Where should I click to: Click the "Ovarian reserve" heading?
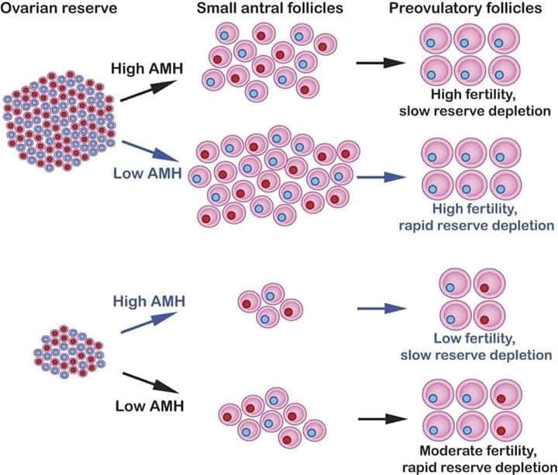[x=59, y=8]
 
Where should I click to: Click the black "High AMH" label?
[x=147, y=68]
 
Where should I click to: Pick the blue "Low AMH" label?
[x=148, y=173]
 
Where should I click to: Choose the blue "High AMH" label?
[x=149, y=301]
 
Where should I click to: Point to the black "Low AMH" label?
[x=150, y=406]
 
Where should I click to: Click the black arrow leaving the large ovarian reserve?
[x=148, y=91]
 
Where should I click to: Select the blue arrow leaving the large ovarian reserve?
[x=150, y=151]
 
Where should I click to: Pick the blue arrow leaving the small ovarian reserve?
[x=149, y=323]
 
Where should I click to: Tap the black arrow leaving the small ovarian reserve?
[x=150, y=383]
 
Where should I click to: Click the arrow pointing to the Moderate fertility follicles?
[x=383, y=419]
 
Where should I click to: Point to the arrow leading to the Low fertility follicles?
[x=382, y=309]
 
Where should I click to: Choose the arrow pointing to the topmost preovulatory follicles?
[x=381, y=63]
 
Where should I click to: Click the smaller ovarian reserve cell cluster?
[x=69, y=352]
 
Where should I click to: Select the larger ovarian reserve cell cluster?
[x=59, y=121]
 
